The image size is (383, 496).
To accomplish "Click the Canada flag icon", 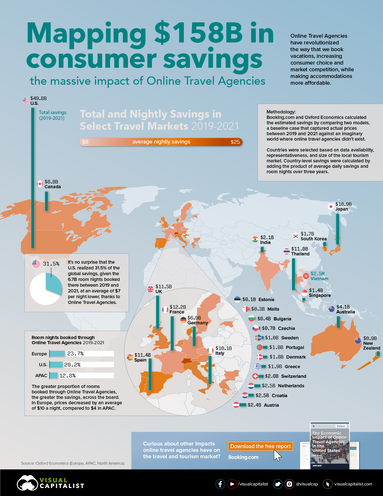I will tap(40, 184).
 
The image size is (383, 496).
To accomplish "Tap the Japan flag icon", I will tap(331, 206).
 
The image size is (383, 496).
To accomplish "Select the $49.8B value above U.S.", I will tap(38, 98).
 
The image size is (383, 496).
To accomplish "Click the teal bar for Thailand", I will tap(293, 274).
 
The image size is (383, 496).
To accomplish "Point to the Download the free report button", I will tap(260, 446).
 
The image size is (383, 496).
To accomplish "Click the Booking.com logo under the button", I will tap(243, 457).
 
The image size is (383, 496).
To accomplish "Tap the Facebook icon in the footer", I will tap(220, 484).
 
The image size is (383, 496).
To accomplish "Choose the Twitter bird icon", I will tap(278, 484).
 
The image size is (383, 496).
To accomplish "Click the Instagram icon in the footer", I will tap(289, 484).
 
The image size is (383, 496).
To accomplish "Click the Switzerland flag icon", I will tap(255, 376).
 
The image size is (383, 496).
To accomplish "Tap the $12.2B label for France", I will tap(177, 307).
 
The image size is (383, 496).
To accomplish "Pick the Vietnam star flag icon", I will tap(306, 276).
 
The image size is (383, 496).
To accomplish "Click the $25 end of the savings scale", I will tap(235, 142).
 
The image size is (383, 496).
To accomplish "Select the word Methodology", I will tap(281, 112).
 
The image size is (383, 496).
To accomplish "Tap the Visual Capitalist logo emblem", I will tap(27, 483).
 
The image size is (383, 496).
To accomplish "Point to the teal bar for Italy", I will tap(210, 370).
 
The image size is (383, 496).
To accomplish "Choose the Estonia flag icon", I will tap(237, 299).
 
